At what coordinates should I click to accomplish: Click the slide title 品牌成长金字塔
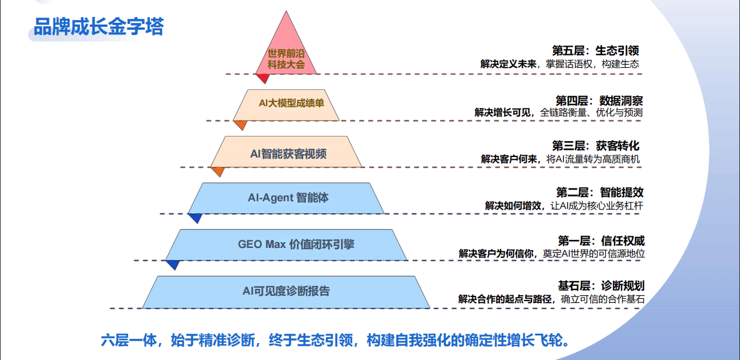tap(99, 27)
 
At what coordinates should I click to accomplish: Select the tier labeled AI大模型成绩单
tap(286, 104)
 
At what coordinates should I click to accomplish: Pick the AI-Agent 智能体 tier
tap(286, 197)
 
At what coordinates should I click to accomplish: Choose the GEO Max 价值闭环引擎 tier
tap(286, 244)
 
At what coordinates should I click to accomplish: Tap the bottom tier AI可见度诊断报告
tap(286, 291)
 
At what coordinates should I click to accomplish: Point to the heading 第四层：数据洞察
tap(599, 100)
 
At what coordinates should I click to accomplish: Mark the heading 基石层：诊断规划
tap(601, 286)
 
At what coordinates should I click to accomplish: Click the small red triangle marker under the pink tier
tap(262, 78)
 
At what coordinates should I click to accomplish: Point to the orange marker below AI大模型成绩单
tap(240, 124)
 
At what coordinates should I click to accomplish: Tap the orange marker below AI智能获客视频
tap(218, 171)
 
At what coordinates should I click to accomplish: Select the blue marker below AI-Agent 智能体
tap(195, 218)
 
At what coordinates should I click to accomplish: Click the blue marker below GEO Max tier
tap(173, 264)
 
